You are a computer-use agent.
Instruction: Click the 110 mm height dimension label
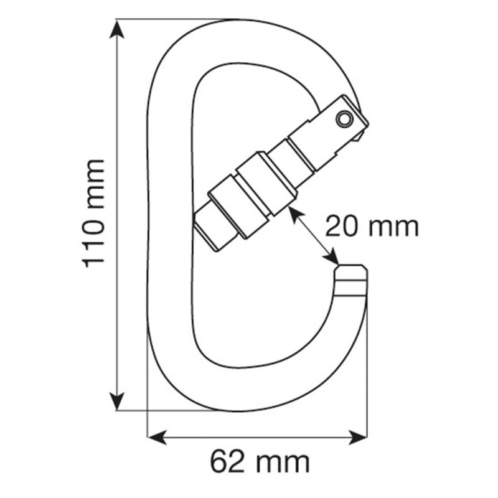click(x=94, y=214)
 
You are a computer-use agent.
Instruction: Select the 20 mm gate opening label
click(x=372, y=226)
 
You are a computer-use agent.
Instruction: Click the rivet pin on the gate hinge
click(x=344, y=119)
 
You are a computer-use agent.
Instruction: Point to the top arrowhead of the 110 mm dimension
click(x=117, y=29)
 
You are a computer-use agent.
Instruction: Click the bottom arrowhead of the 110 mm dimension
click(x=117, y=401)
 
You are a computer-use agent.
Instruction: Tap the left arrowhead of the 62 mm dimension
click(x=158, y=438)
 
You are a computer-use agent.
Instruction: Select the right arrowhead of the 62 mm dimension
click(x=357, y=438)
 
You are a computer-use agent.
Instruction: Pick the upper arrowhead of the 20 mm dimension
click(x=294, y=214)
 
